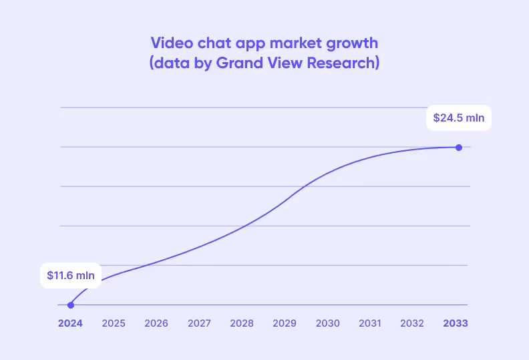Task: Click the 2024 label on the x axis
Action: [x=70, y=323]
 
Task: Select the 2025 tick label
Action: [x=114, y=323]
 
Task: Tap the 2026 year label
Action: [x=156, y=323]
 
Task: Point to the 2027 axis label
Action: [x=199, y=323]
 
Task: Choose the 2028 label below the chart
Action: [x=242, y=323]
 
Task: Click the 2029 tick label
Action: [x=285, y=323]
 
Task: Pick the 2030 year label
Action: [x=327, y=323]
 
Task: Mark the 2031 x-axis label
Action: [x=369, y=323]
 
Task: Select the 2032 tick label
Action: [x=412, y=323]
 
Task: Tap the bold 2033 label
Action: [x=456, y=323]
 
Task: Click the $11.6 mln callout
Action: [x=71, y=275]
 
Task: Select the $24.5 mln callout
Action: [x=458, y=118]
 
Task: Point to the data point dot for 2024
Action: [x=70, y=305]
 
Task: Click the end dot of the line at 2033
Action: [x=458, y=147]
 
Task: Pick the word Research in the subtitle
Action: [x=345, y=63]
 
